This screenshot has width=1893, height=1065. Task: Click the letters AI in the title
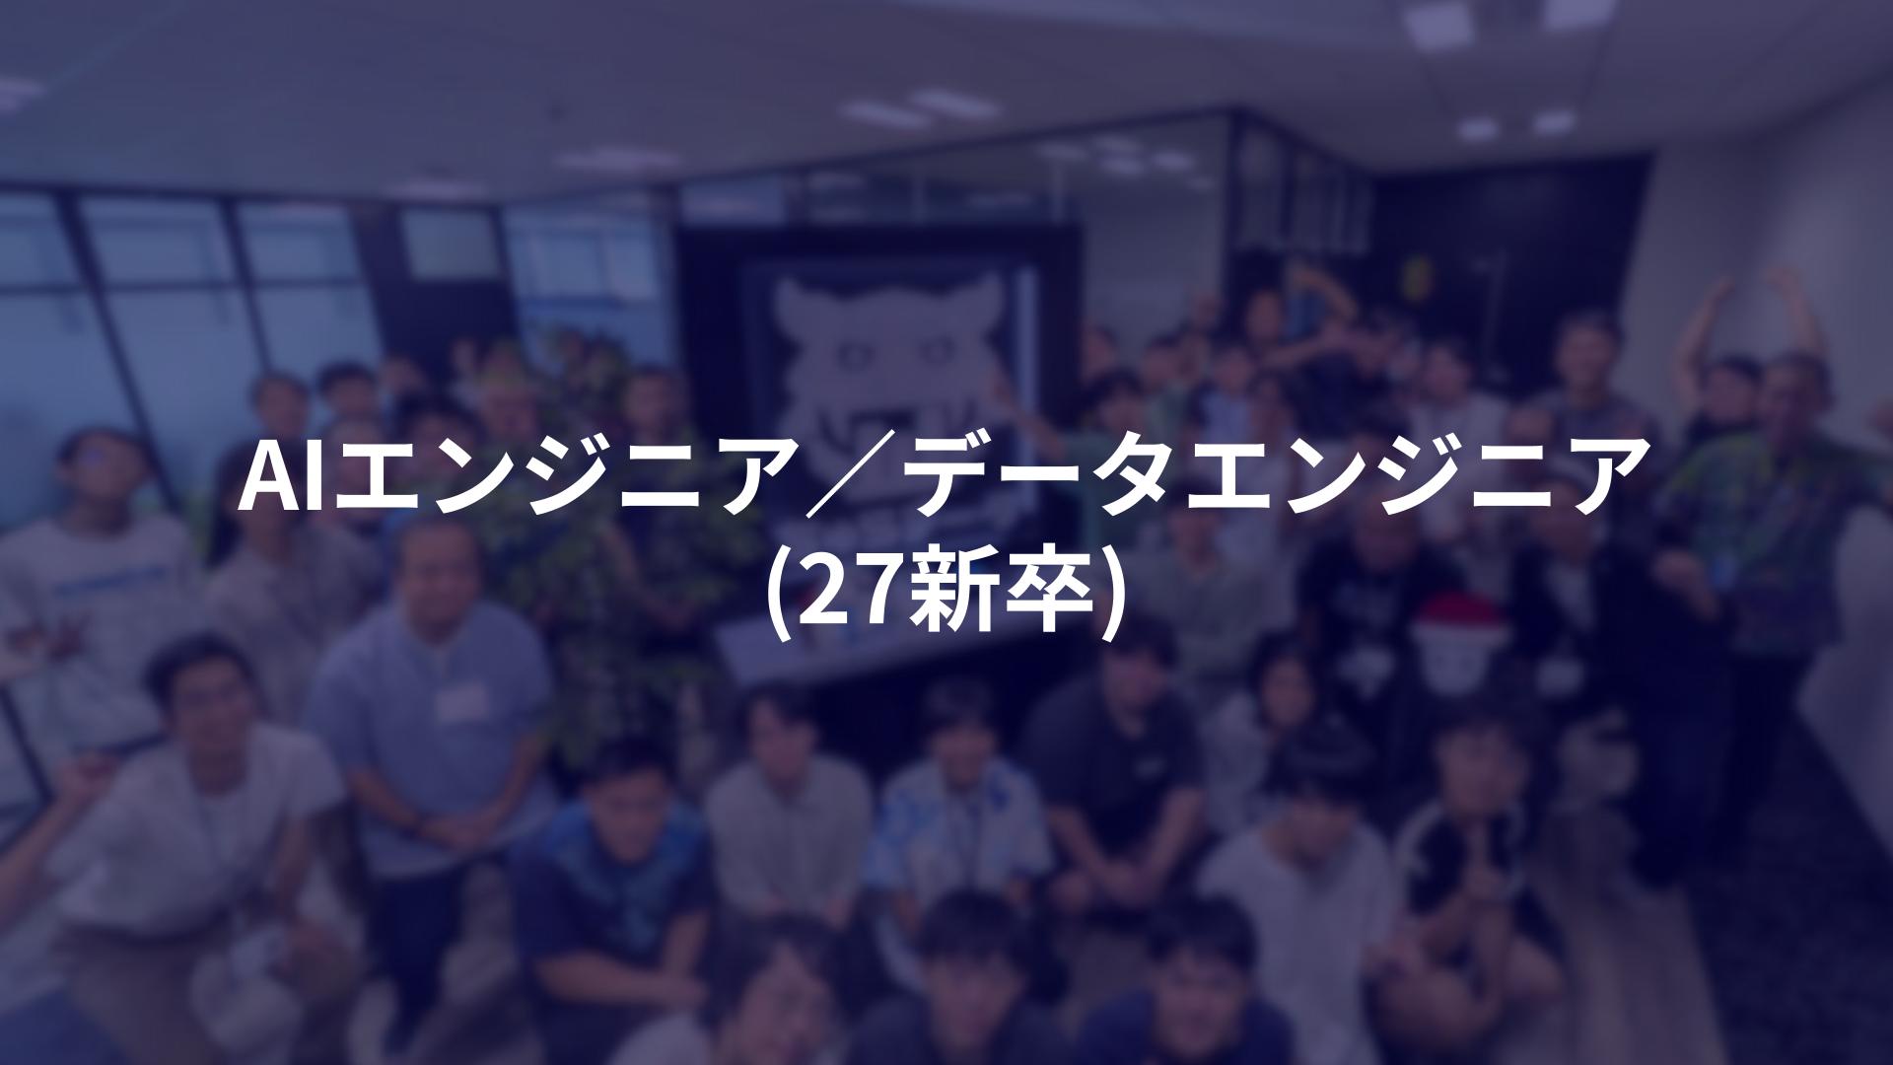click(x=283, y=477)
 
